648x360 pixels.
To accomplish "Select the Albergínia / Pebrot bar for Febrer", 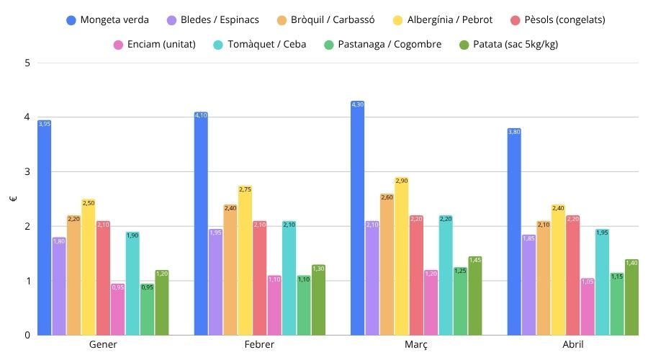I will (x=245, y=260).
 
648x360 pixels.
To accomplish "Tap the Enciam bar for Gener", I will (x=117, y=309).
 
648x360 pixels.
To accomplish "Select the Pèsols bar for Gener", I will (x=103, y=278).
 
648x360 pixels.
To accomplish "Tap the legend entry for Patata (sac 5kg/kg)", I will (x=508, y=45).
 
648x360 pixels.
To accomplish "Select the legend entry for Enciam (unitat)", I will (x=154, y=45).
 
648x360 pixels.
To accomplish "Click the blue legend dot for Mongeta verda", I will (x=71, y=19).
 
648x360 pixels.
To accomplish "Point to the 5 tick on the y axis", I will (x=27, y=63).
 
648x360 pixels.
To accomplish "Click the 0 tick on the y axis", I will (x=27, y=335).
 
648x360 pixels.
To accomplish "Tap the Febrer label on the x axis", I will (x=259, y=346).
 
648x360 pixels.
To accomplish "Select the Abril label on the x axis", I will (x=572, y=346).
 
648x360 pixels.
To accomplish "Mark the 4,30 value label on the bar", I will (x=358, y=105).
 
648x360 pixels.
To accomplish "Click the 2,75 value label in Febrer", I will (x=245, y=189).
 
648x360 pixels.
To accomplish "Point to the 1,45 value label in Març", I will (x=474, y=260).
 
